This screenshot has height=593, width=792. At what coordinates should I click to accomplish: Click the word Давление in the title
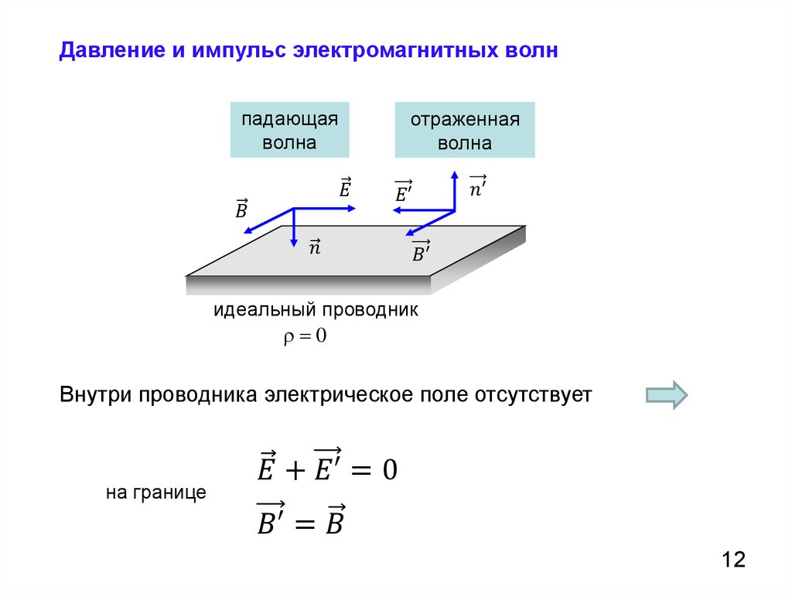(x=108, y=53)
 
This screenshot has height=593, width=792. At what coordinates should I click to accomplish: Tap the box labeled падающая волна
(x=289, y=130)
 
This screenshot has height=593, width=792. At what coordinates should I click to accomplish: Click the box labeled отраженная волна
(x=464, y=130)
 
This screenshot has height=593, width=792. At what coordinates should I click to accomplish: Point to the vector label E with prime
(x=402, y=193)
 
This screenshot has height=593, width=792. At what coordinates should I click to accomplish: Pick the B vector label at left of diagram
(x=241, y=208)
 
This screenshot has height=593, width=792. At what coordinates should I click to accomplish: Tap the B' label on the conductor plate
(x=420, y=251)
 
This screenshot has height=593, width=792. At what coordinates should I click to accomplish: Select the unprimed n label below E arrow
(x=315, y=247)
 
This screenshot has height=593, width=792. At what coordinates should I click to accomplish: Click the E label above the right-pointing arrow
(x=345, y=187)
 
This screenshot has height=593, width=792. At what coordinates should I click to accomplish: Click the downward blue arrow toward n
(x=294, y=228)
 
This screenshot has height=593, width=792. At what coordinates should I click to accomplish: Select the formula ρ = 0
(x=306, y=336)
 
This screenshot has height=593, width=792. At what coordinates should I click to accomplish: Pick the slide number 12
(x=734, y=559)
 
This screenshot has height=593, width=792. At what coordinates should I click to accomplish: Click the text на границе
(x=156, y=492)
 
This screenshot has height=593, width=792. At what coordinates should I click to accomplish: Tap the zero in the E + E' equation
(x=389, y=469)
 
